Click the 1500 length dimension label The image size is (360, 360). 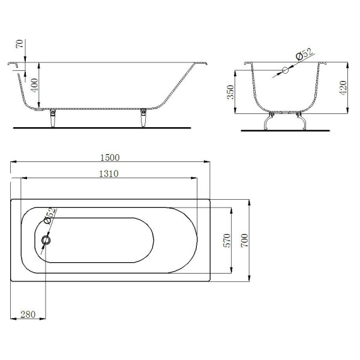coord(110,157)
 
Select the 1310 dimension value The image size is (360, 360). coord(109,173)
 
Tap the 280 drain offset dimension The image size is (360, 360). coord(28,314)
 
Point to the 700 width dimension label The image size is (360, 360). coord(245,240)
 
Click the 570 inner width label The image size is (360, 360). coord(227,240)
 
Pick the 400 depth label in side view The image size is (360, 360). coord(34,85)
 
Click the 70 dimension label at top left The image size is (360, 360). coord(20,44)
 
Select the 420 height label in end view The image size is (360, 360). coord(343,88)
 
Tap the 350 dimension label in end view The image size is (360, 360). coord(230,92)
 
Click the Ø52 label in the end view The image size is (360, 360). coord(304,54)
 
